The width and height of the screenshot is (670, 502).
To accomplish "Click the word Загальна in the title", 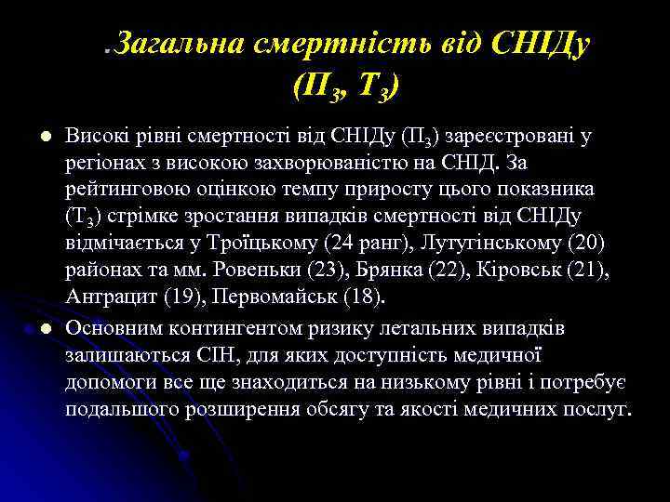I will coord(177,43).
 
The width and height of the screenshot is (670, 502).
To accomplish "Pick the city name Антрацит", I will coord(108,297).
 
